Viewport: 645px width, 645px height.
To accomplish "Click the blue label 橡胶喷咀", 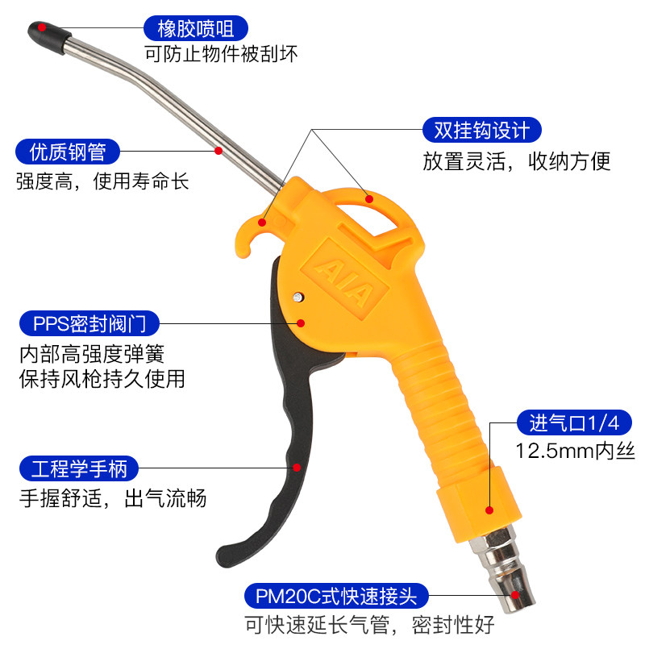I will pos(189,29).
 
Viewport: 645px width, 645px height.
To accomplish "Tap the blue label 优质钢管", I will pos(68,152).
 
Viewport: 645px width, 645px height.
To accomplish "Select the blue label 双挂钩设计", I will pos(482,130).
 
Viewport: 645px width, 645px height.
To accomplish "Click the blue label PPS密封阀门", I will pos(90,324).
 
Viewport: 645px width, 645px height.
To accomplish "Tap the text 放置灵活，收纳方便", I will pos(517,160).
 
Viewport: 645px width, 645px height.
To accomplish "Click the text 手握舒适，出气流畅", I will pos(113,498).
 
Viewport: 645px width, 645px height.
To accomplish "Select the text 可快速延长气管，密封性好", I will pos(369,625).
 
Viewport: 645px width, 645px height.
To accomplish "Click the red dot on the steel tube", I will pos(218,150).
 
